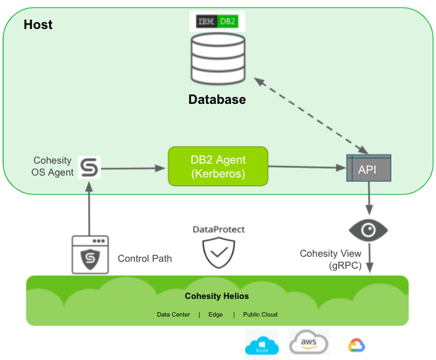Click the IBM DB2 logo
coord(217,21)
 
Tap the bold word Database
coord(217,99)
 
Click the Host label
coord(38,25)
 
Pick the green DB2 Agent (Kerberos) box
coord(218,166)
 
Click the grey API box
coord(368,169)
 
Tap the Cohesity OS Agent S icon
coord(89,168)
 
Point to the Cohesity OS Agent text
coord(52,167)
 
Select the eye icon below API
coord(368,230)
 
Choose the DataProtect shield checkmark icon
coord(219,254)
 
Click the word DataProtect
coord(219,230)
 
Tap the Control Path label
coord(145,259)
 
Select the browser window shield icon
coord(89,254)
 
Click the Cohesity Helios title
coord(217,296)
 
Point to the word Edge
coord(215,315)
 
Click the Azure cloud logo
coord(261,346)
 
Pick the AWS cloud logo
coord(309,343)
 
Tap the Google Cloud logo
coord(357,345)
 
